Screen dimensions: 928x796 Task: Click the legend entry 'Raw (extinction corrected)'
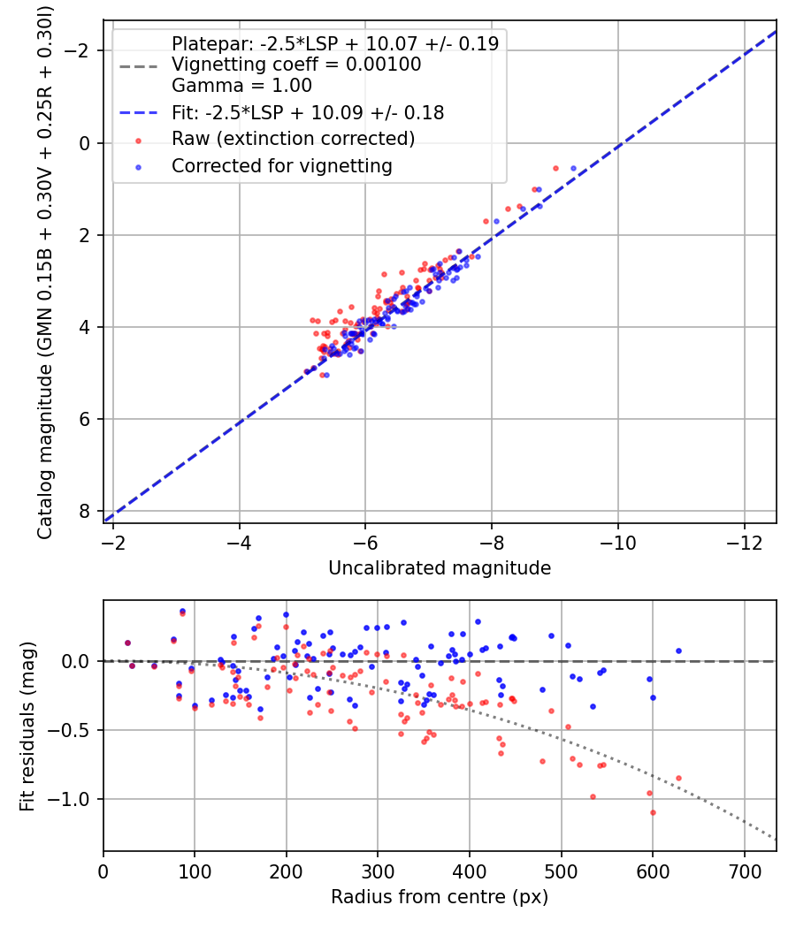293,139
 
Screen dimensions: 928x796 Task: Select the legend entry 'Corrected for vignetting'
281,165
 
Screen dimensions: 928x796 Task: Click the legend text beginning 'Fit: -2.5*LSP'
307,112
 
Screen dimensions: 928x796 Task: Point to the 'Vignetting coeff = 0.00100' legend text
296,65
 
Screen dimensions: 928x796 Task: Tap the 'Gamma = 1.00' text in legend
241,86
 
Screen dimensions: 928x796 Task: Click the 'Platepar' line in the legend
334,43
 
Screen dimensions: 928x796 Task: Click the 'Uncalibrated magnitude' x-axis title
440,568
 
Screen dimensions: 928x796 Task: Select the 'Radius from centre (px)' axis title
440,897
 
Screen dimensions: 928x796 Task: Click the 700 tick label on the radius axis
744,871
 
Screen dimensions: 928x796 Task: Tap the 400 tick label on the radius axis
470,871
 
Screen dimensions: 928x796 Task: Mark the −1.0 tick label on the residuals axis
71,799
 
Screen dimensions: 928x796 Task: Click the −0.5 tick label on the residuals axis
71,730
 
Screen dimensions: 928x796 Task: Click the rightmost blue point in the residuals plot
678,650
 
